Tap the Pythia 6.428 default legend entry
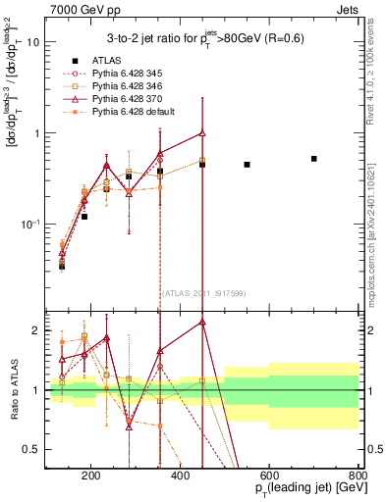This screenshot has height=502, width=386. [127, 112]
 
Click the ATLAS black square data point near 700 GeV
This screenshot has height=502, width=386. [314, 158]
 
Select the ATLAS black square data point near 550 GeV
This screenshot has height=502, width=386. [247, 165]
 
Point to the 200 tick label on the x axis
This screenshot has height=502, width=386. [90, 477]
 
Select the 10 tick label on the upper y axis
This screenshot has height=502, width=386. [32, 42]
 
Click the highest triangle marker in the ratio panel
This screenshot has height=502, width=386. [202, 322]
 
